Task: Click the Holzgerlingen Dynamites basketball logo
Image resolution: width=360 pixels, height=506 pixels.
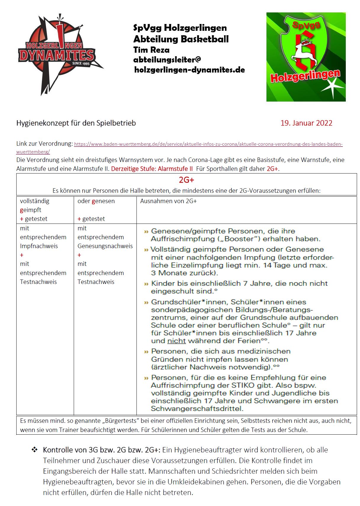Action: pyautogui.click(x=59, y=55)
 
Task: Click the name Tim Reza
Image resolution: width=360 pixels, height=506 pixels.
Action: pyautogui.click(x=151, y=50)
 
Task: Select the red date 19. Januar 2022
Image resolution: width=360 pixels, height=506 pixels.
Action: pyautogui.click(x=306, y=123)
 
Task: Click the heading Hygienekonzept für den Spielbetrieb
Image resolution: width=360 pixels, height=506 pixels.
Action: pyautogui.click(x=76, y=123)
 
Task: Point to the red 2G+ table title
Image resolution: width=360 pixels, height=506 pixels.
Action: pyautogui.click(x=186, y=180)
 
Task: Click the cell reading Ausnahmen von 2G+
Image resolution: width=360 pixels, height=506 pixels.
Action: pyautogui.click(x=168, y=201)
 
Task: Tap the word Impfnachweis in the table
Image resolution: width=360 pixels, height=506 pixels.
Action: pyautogui.click(x=39, y=246)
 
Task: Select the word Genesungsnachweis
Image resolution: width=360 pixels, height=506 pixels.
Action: pyautogui.click(x=105, y=246)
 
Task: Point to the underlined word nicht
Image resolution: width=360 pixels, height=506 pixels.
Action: pyautogui.click(x=176, y=341)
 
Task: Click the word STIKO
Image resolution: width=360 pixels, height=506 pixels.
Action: pyautogui.click(x=241, y=385)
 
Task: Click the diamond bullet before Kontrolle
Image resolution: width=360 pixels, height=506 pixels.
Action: pyautogui.click(x=35, y=450)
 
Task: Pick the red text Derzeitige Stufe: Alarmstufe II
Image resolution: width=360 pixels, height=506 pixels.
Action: pyautogui.click(x=152, y=169)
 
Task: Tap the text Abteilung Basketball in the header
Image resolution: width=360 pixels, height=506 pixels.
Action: pyautogui.click(x=181, y=39)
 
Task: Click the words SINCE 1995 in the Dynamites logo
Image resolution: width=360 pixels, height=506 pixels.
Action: pyautogui.click(x=81, y=63)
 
